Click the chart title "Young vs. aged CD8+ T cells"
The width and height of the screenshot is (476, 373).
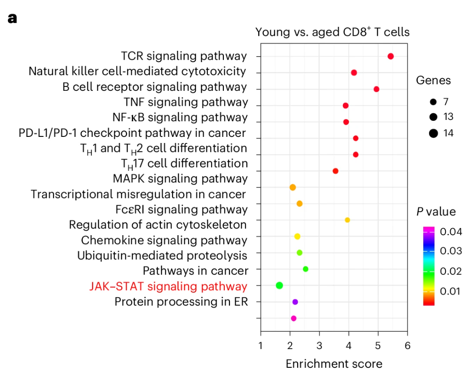[x=332, y=32]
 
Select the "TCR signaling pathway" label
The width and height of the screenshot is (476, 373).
[x=183, y=56]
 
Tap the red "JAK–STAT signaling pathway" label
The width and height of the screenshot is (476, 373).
[x=168, y=286]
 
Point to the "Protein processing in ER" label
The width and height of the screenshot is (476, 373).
[x=181, y=302]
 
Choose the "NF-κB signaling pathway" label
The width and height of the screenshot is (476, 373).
[x=180, y=117]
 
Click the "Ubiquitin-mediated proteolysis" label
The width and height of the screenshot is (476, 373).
[x=162, y=256]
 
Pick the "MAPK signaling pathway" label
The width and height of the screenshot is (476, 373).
[x=180, y=179]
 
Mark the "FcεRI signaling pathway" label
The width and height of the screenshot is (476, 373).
[x=182, y=209]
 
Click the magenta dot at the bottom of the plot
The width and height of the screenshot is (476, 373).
[x=294, y=318]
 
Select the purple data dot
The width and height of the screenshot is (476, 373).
[x=295, y=302]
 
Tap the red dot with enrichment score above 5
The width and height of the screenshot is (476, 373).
[x=390, y=56]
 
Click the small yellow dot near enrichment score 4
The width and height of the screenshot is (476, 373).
[x=348, y=220]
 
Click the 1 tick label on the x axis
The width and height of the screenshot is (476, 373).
[x=261, y=346]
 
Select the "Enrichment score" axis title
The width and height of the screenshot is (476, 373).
[x=334, y=364]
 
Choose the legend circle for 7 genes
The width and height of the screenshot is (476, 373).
[x=433, y=101]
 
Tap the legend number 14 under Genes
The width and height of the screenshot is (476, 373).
[x=448, y=133]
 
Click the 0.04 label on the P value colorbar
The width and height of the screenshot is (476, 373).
[x=451, y=231]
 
